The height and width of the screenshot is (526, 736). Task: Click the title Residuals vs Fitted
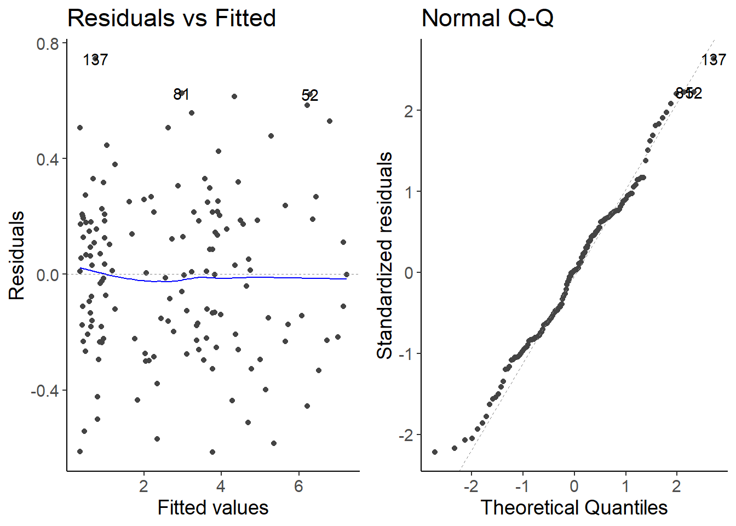[x=171, y=18]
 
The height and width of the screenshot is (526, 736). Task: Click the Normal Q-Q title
[x=487, y=18]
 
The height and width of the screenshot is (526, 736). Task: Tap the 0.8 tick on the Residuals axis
[x=48, y=44]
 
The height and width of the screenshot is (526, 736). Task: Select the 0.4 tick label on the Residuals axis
[x=48, y=159]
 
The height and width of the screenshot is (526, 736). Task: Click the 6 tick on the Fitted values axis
[x=298, y=486]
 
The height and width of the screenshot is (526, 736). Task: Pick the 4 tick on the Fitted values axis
[x=221, y=486]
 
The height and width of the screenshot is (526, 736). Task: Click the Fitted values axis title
[x=213, y=508]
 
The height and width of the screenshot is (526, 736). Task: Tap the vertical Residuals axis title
[x=17, y=255]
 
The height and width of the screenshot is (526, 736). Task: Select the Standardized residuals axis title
[x=385, y=255]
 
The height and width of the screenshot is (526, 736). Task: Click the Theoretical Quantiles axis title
[x=574, y=508]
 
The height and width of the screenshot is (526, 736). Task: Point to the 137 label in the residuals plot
[x=95, y=60]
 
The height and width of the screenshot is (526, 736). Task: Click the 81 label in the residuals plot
[x=181, y=95]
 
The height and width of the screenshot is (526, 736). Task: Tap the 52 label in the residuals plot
[x=310, y=96]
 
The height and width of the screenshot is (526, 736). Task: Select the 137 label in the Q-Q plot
[x=714, y=60]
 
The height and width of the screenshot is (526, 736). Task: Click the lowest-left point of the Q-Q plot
[x=435, y=452]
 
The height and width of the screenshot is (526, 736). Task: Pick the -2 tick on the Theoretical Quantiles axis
[x=472, y=486]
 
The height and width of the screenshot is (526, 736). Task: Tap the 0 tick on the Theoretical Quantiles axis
[x=574, y=486]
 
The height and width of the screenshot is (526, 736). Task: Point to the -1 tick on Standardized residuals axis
[x=406, y=354]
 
